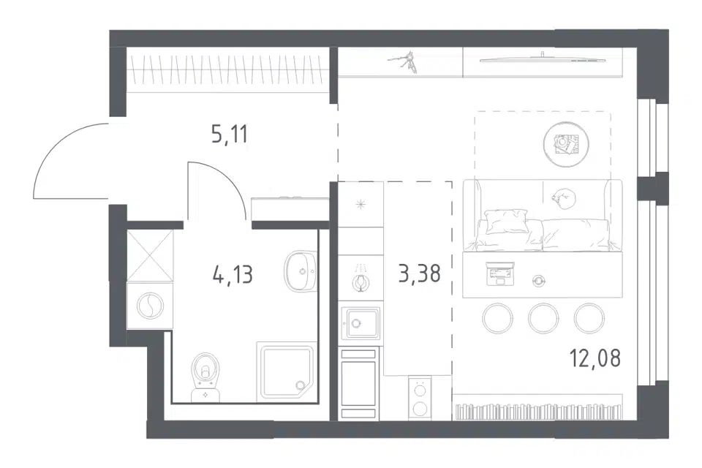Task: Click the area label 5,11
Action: (229, 134)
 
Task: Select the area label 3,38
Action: (420, 273)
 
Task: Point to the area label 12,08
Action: (595, 358)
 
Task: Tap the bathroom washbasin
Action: (300, 271)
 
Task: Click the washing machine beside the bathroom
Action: (150, 306)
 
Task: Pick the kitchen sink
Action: (361, 322)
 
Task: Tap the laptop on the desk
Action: (499, 273)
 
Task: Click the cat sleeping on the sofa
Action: (563, 198)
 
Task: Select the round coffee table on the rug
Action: (566, 144)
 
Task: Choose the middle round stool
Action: (543, 318)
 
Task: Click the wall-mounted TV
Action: (542, 59)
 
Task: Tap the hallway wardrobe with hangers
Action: (228, 70)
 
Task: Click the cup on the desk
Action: (539, 280)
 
